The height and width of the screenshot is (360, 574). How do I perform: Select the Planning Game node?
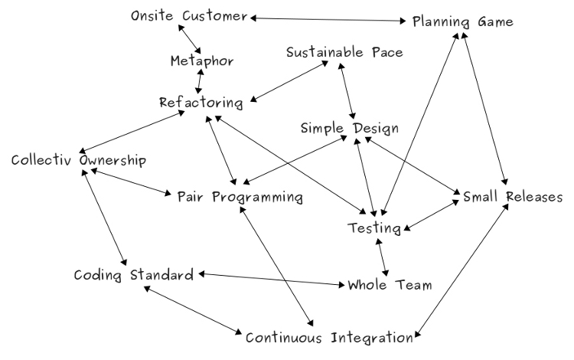point(463,21)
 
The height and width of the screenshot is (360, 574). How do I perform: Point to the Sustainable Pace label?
point(344,53)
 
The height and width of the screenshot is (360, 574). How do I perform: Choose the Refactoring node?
point(201,102)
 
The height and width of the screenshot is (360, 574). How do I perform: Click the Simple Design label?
point(349,128)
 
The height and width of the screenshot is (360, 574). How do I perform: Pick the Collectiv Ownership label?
point(78,161)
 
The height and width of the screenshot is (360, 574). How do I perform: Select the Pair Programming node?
point(240,197)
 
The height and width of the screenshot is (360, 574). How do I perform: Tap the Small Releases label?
point(513,197)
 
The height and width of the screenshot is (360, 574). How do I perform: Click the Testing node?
point(374,227)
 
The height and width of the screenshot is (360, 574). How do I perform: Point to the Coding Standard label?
point(133,274)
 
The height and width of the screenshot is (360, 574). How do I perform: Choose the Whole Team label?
point(390,285)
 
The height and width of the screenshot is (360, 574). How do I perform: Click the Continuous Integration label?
point(330,336)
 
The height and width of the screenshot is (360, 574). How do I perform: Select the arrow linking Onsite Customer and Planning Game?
point(329,19)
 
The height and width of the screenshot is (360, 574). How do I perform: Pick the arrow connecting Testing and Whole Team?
point(382,257)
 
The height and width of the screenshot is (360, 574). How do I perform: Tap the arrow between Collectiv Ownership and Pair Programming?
point(129,181)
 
